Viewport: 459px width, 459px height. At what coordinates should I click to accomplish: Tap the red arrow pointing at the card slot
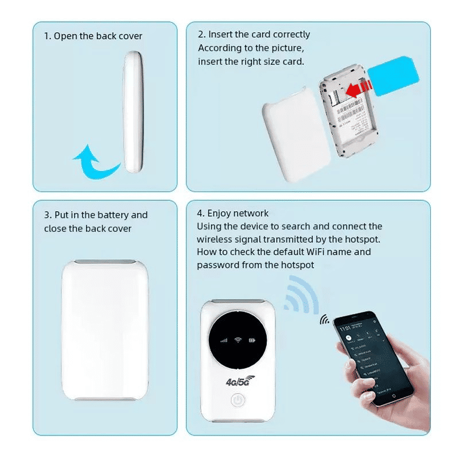coord(357,89)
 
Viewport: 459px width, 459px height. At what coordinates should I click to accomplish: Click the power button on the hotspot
coord(237,401)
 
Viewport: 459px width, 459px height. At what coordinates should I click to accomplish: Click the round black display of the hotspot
coord(238,339)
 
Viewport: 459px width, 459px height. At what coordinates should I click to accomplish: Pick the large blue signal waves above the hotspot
coord(302,296)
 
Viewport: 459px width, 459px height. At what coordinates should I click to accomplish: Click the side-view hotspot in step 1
coord(133,112)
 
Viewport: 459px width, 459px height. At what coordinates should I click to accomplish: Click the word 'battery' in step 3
coord(113,215)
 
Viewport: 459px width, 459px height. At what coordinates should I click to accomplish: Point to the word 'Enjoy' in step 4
coord(220,213)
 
